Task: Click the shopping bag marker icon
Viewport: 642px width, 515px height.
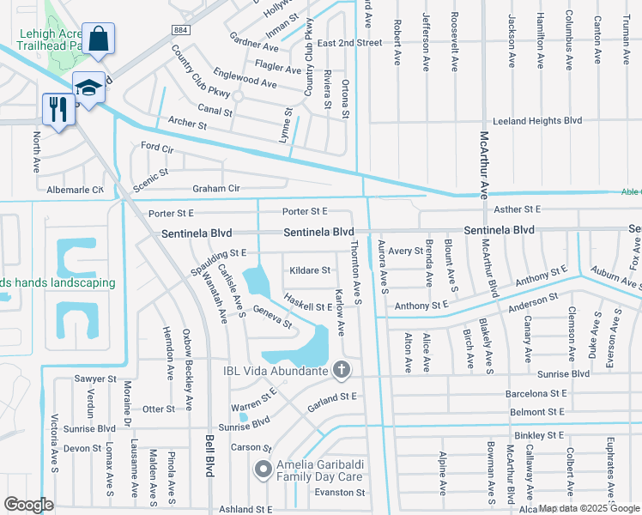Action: (100, 39)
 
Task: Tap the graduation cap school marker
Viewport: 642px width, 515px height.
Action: (88, 86)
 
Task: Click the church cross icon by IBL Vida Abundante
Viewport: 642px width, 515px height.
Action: (342, 370)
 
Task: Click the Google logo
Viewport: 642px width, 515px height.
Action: (29, 504)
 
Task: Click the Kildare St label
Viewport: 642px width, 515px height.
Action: (310, 270)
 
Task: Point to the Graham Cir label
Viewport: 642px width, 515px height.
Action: (215, 188)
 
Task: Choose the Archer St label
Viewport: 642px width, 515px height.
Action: (188, 124)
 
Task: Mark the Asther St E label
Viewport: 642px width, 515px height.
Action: (518, 209)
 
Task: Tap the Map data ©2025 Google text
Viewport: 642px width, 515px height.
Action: (588, 508)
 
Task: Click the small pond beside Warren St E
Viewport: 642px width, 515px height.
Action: (244, 418)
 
